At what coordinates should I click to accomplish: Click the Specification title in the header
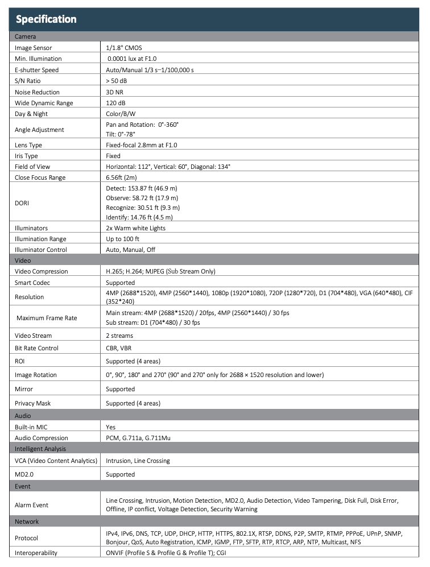[x=46, y=19]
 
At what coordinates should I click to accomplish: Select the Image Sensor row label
[x=35, y=48]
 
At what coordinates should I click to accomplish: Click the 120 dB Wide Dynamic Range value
[x=117, y=103]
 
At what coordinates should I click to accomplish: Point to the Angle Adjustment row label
[x=39, y=129]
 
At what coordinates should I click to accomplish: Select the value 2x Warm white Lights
[x=136, y=228]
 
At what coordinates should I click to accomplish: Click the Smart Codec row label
[x=34, y=283]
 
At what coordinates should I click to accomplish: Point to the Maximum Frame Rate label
[x=47, y=317]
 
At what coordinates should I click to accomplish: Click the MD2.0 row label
[x=25, y=474]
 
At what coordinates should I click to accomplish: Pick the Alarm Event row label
[x=32, y=504]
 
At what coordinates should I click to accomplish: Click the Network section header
[x=27, y=522]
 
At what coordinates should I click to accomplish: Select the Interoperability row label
[x=36, y=552]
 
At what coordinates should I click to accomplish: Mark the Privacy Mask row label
[x=32, y=403]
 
